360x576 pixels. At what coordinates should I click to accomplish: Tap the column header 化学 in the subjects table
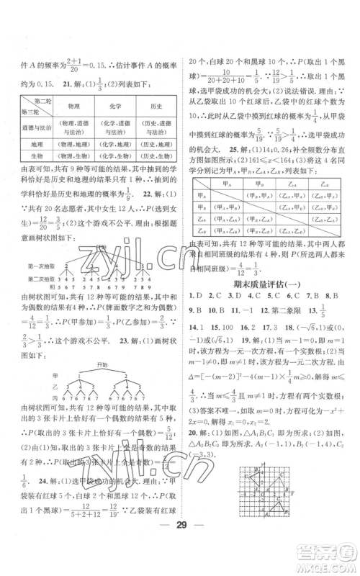point(110,106)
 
